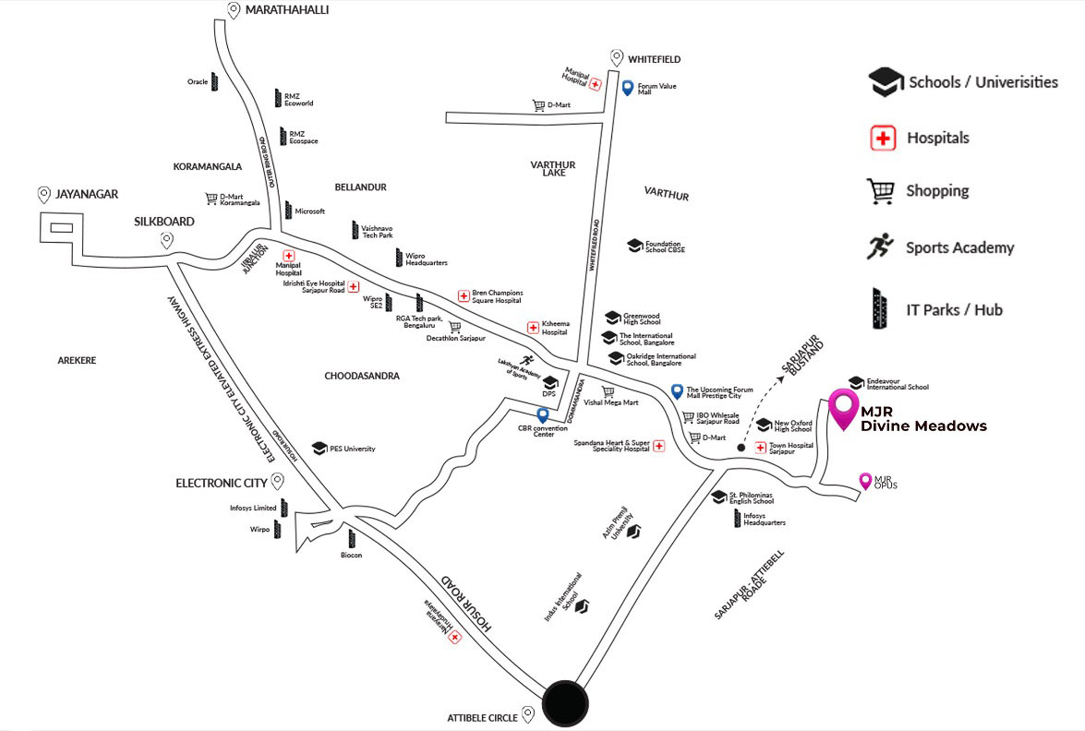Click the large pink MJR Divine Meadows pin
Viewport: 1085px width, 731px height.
pos(842,408)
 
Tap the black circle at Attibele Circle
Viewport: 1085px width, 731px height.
pos(565,703)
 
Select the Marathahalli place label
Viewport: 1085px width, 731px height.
pos(286,10)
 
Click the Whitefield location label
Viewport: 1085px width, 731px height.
pos(654,59)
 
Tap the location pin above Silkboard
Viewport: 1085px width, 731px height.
pos(166,240)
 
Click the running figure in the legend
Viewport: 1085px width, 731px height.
pos(881,246)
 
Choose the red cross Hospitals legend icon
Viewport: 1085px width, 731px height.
pos(884,138)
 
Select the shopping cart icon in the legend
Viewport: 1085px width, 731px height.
pos(881,191)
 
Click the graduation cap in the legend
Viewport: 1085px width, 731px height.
pos(886,82)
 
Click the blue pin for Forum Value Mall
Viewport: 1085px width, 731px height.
pos(628,89)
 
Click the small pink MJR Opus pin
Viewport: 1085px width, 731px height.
pos(865,480)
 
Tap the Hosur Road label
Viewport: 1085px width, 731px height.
pos(466,605)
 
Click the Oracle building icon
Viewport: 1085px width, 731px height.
pos(214,81)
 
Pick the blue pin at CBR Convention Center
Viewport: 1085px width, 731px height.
pos(543,415)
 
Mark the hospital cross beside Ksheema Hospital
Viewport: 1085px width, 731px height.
pos(533,328)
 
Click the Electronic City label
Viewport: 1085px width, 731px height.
pos(222,483)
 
